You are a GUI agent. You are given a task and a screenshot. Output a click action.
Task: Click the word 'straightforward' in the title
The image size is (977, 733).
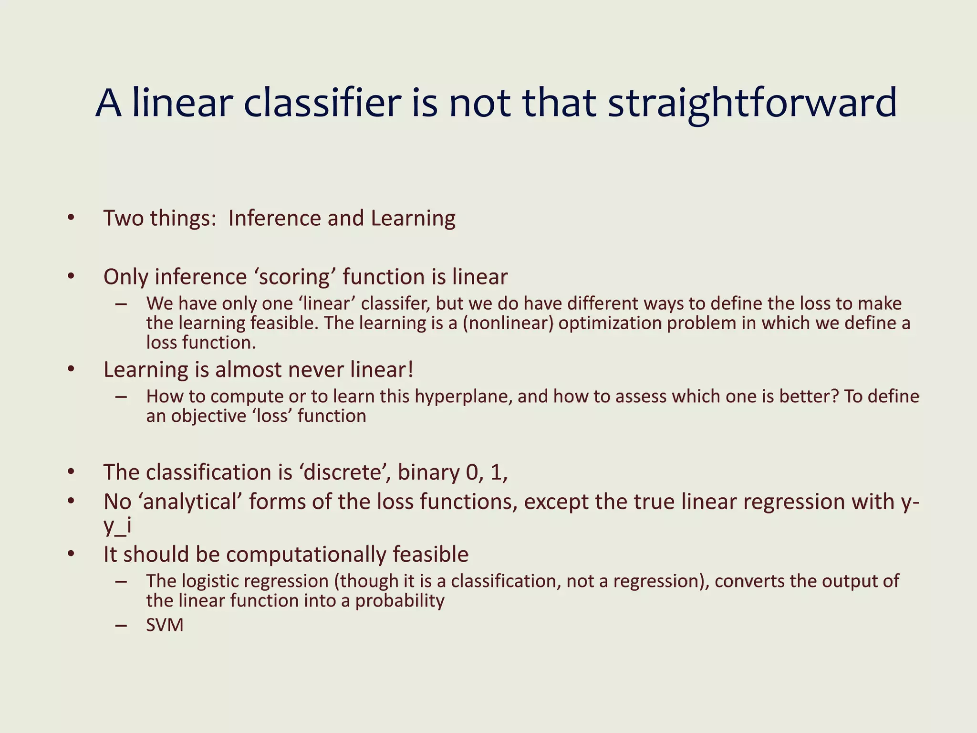click(752, 104)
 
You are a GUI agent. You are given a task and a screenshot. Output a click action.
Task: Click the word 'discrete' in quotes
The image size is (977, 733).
click(342, 472)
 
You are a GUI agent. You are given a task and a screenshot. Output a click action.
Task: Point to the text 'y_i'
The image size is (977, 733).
click(117, 526)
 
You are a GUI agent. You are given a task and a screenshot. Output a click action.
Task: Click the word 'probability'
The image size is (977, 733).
click(400, 601)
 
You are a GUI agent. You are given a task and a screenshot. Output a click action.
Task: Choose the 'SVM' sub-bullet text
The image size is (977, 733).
click(165, 625)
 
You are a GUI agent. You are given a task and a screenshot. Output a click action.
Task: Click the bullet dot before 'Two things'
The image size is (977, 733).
click(71, 218)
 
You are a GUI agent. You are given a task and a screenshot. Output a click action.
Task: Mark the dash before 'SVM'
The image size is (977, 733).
click(121, 625)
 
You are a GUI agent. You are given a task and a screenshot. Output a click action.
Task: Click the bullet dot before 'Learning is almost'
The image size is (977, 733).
click(71, 369)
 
